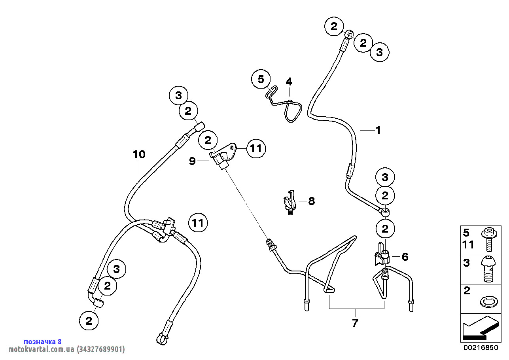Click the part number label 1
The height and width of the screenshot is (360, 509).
click(378, 130)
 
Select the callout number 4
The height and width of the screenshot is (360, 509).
click(289, 82)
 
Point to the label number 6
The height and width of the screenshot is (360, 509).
click(405, 257)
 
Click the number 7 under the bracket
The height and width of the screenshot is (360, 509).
click(355, 322)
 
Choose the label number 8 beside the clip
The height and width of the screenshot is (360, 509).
click(312, 201)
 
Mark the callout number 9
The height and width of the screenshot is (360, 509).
click(192, 161)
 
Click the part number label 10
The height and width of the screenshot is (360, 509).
click(139, 154)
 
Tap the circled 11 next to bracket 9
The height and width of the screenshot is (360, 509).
click(256, 149)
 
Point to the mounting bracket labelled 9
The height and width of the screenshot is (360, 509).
click(224, 155)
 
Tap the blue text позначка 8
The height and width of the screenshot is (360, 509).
click(43, 341)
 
